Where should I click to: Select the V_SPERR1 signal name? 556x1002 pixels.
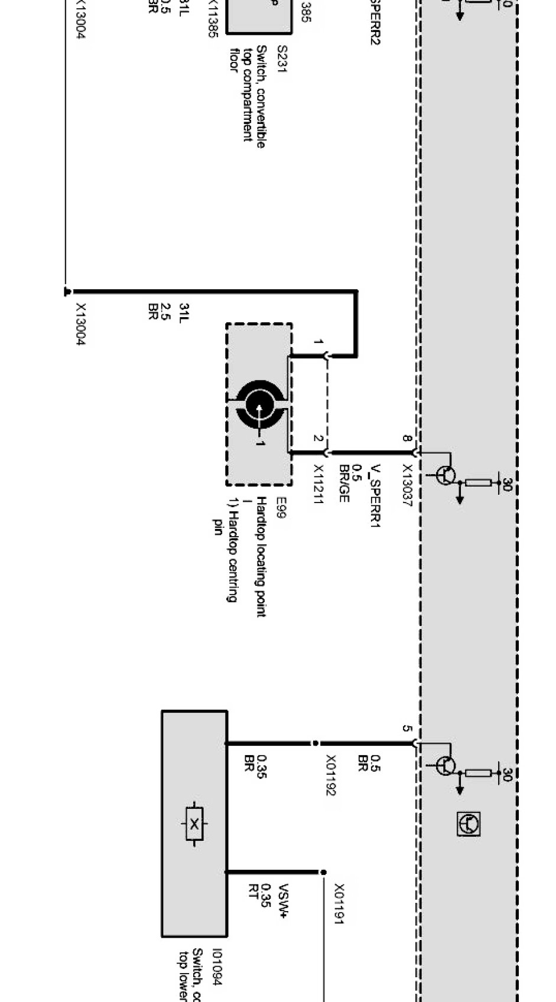point(374,497)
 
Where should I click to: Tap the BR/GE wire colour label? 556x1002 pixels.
point(344,484)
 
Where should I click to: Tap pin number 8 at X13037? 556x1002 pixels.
point(407,438)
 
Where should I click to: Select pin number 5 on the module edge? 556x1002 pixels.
point(407,729)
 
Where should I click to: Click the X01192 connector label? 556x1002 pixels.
point(331,775)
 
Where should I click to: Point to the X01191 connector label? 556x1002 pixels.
point(339,903)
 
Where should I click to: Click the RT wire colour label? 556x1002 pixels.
point(253,891)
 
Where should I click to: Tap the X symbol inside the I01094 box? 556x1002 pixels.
point(194,824)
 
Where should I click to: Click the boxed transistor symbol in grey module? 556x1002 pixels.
point(469,823)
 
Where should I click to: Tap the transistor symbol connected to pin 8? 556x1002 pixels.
point(447,475)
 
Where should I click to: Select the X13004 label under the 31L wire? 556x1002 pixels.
point(82,325)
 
